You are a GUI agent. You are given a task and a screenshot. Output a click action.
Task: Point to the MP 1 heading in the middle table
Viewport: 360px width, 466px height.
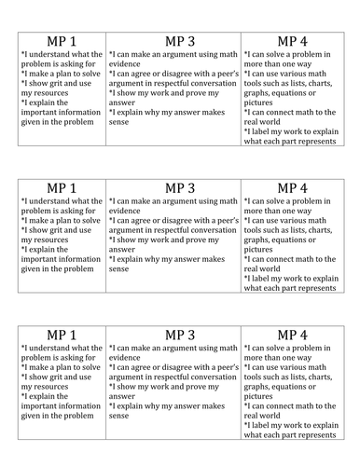click(61, 187)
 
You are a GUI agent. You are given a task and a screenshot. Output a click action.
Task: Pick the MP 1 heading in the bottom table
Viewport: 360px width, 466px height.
click(61, 335)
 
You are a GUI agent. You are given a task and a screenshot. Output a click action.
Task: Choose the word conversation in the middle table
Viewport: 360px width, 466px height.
click(214, 228)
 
